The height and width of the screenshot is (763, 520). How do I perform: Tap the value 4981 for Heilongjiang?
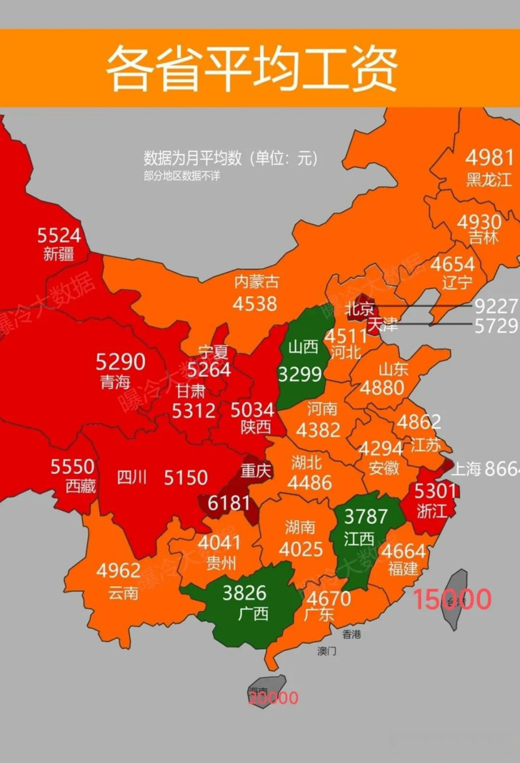[x=489, y=158]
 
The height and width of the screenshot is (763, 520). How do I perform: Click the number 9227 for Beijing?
[x=496, y=306]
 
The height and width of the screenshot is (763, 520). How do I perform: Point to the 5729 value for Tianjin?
[x=496, y=325]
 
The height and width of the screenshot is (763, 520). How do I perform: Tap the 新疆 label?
[x=59, y=255]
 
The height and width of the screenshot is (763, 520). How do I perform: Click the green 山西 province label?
[x=303, y=347]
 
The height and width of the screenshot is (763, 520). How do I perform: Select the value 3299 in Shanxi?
[x=300, y=374]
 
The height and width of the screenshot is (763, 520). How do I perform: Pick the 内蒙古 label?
[x=256, y=281]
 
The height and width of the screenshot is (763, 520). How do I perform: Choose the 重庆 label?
[x=256, y=471]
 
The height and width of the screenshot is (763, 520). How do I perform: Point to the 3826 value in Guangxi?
[x=244, y=593]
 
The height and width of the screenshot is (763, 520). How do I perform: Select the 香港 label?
[x=352, y=634]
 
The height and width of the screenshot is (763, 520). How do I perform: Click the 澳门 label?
[x=326, y=652]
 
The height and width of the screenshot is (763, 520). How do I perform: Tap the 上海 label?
[x=465, y=469]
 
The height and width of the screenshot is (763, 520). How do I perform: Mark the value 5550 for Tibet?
[x=72, y=466]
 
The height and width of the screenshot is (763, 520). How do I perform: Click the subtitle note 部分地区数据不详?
[x=181, y=176]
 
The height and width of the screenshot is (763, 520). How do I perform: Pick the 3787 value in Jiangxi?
[x=366, y=516]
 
